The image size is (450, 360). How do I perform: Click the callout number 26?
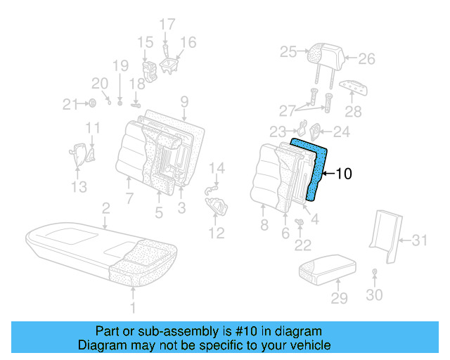coord(368,60)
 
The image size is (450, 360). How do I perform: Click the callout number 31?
coord(419,240)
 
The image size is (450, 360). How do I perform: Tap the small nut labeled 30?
coord(375,271)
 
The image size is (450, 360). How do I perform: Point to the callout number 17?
coord(167,25)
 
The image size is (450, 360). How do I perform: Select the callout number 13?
coord(79,187)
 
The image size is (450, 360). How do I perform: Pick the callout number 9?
coord(184,101)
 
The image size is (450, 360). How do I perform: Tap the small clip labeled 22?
coord(300,224)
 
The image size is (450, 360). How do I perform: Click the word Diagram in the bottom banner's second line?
coord(101,345)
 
